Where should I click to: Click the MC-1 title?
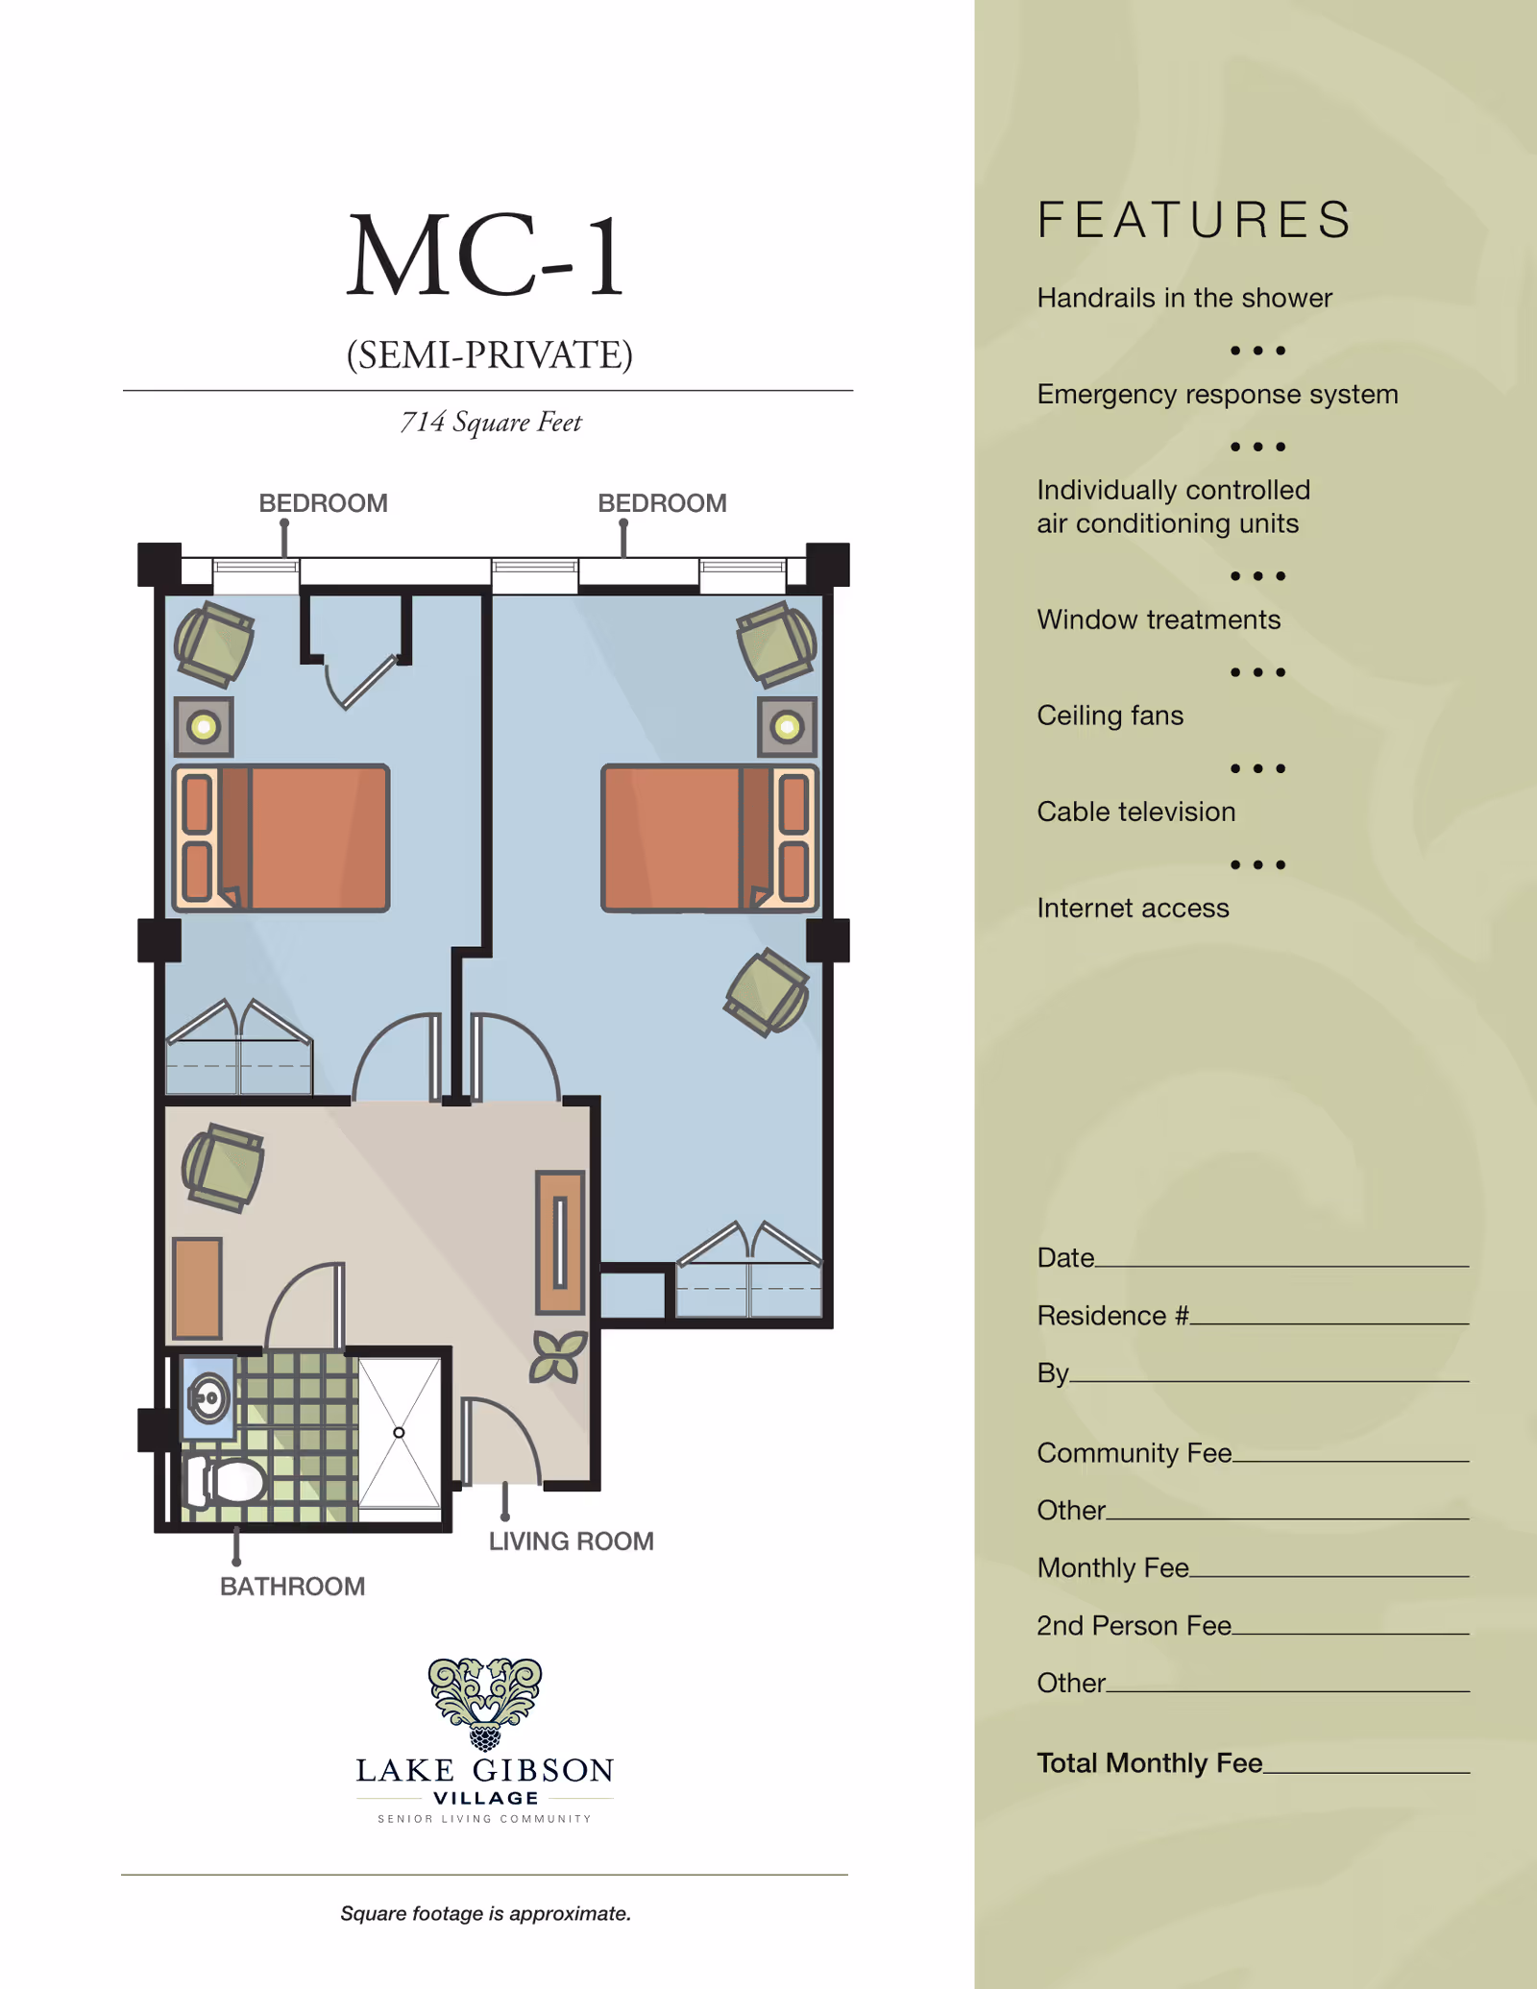[485, 255]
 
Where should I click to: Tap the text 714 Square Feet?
[491, 423]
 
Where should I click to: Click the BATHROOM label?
[293, 1587]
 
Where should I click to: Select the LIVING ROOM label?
[572, 1541]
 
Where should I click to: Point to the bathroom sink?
[208, 1398]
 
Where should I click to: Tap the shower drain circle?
[399, 1433]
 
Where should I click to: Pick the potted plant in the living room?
[558, 1357]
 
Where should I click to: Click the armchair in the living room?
[224, 1168]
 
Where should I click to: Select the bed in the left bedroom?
[281, 837]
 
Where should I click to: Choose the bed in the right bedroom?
[710, 837]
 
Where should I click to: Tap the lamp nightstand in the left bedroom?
[204, 726]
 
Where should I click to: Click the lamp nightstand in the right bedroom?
[788, 726]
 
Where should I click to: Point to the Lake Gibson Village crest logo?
[485, 1704]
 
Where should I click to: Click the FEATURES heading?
[1196, 220]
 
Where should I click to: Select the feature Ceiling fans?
[1110, 716]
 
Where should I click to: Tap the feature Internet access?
[1134, 908]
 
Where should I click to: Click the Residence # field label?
[1113, 1316]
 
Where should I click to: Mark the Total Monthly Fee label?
[1150, 1763]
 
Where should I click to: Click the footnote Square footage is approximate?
[486, 1913]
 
